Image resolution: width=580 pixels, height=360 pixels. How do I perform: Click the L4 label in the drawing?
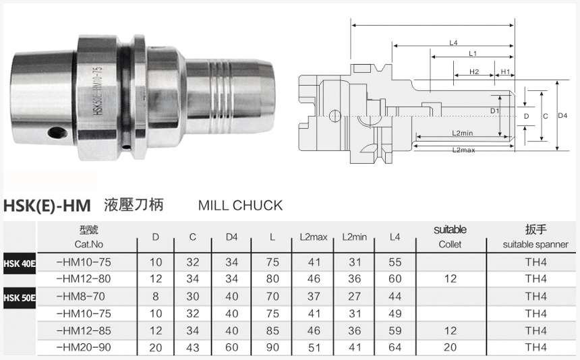point(453,43)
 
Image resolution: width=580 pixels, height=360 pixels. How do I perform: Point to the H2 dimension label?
point(474,71)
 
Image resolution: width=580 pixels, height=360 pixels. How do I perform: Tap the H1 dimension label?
point(505,71)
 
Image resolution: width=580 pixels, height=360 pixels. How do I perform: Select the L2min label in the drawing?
point(463,133)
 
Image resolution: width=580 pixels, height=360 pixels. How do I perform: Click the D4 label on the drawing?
point(562,116)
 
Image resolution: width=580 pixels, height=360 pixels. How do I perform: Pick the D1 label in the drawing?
point(494,111)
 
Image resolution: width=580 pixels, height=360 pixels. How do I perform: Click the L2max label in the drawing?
point(463,150)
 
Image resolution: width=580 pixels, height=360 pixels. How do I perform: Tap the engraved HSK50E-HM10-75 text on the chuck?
point(98,90)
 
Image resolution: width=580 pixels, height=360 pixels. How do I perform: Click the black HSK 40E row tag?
point(20,264)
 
